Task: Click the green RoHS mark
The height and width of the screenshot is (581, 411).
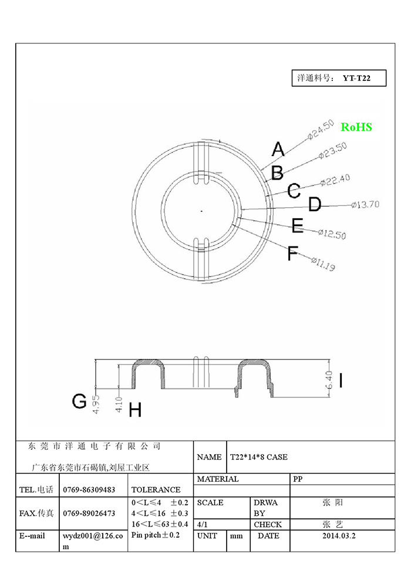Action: coord(356,127)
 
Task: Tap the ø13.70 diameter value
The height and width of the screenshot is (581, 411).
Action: coord(365,204)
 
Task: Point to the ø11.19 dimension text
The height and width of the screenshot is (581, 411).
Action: coord(323,264)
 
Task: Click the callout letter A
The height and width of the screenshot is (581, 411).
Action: coord(278,149)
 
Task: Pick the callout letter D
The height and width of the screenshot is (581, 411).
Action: coord(315,205)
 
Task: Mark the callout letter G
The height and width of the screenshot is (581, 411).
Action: coord(79,401)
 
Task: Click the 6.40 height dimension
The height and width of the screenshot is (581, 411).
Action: coord(329,380)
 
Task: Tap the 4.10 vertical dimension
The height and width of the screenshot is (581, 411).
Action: coord(119,405)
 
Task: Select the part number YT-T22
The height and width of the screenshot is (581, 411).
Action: coord(356,78)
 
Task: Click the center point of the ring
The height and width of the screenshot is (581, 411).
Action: coord(201,211)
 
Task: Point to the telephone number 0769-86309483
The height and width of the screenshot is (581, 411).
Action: coord(89,489)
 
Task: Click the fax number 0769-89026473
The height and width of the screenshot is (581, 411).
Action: coord(89,513)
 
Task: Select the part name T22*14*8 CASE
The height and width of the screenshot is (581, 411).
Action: coord(259,457)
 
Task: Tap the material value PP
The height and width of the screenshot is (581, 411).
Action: coord(298,479)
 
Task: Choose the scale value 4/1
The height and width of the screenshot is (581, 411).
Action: coord(203,524)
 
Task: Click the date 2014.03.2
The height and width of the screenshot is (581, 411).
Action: coord(339,535)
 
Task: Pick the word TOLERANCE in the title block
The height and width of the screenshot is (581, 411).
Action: coord(156,489)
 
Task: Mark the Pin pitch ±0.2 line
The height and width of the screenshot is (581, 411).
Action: coord(155,535)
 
